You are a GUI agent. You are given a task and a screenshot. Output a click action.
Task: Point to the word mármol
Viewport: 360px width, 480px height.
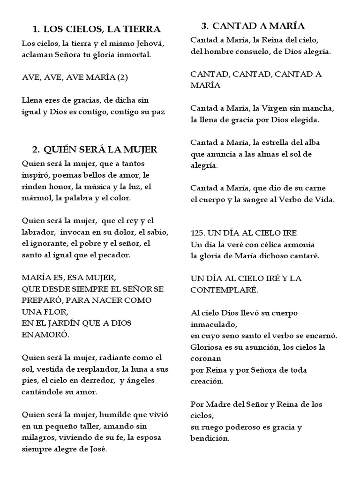pyautogui.click(x=36, y=197)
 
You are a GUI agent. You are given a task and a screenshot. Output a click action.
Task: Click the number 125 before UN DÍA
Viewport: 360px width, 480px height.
pyautogui.click(x=199, y=233)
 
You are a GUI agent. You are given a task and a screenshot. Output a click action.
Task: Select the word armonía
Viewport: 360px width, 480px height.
pyautogui.click(x=297, y=244)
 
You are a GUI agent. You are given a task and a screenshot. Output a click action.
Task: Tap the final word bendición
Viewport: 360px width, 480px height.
pyautogui.click(x=210, y=438)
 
